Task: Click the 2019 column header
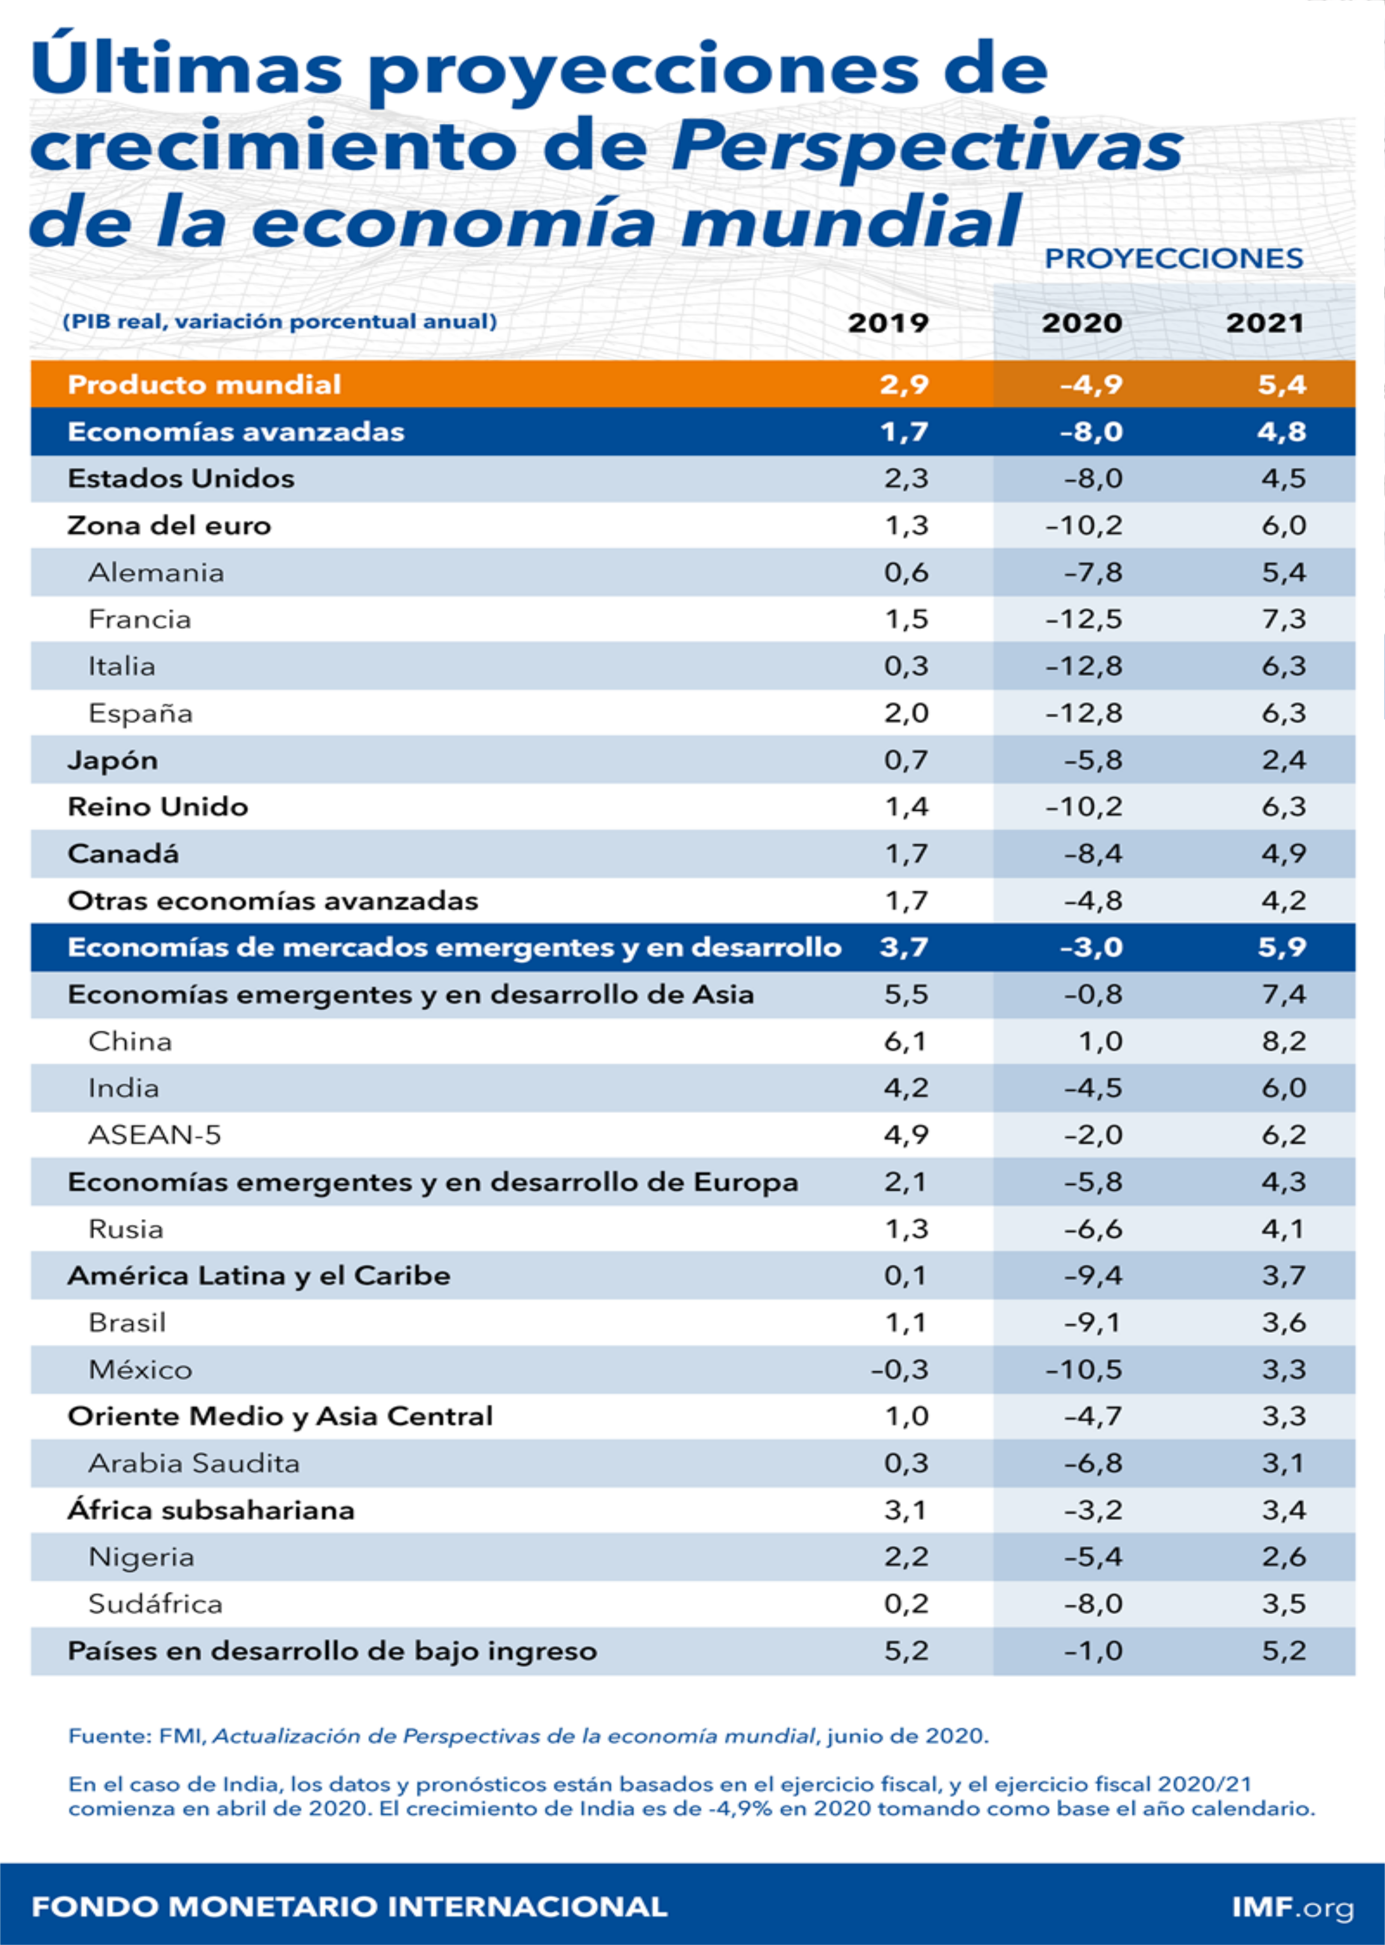(888, 323)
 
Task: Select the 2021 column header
(1265, 323)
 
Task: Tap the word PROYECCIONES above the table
(1174, 259)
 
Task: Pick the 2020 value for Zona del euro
(1084, 525)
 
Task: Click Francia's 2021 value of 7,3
(1284, 619)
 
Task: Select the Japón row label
(113, 760)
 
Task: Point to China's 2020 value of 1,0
(1100, 1041)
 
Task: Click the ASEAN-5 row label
(155, 1135)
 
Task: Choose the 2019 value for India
(906, 1088)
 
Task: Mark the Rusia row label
(125, 1229)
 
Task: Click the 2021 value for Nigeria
(1284, 1557)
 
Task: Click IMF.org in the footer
(1292, 1906)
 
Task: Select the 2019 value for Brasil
(906, 1323)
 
